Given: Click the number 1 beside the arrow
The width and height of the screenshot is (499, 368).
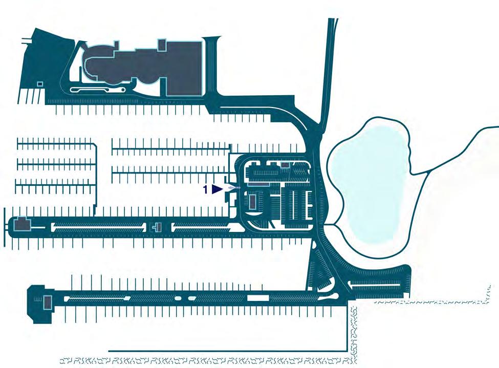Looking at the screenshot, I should [x=206, y=189].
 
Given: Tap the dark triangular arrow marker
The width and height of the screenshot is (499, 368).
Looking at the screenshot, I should [x=217, y=189].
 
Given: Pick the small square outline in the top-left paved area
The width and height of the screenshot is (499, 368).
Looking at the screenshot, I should [x=40, y=84].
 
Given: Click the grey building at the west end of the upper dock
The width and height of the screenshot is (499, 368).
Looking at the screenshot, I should [x=21, y=224].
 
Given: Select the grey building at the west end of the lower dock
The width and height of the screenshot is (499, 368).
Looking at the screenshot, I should [x=47, y=302].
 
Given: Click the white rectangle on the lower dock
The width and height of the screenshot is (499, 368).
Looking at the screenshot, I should [x=257, y=297].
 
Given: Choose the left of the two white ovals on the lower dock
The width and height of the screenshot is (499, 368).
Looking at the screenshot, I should [x=178, y=297].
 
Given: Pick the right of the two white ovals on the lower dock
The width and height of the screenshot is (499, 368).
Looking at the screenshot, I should [x=191, y=297].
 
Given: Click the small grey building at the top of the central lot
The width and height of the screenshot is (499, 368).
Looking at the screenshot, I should [x=285, y=165].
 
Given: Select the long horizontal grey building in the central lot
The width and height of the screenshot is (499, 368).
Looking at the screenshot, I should [x=258, y=184].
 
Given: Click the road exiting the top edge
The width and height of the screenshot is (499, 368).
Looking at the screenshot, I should [x=332, y=26].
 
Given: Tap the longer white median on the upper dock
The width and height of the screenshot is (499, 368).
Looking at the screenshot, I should [x=97, y=226].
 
